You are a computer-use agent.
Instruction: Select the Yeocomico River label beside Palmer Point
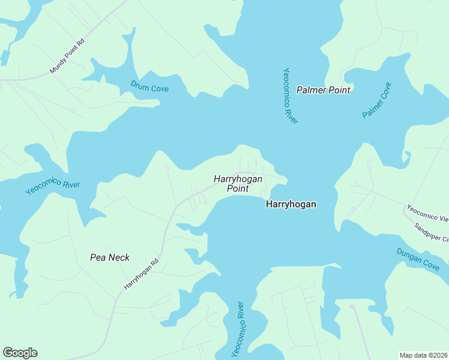point(290,95)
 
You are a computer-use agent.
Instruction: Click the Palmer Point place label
point(323,90)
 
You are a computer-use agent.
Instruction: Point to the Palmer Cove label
point(377,100)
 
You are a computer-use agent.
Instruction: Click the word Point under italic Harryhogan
point(238,189)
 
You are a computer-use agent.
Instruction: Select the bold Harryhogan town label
point(291,205)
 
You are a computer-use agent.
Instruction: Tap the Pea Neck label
point(110,257)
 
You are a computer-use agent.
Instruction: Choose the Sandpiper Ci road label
point(431,233)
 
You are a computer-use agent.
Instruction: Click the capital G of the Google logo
point(8,353)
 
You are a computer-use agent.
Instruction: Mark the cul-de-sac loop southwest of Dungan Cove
point(352,307)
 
